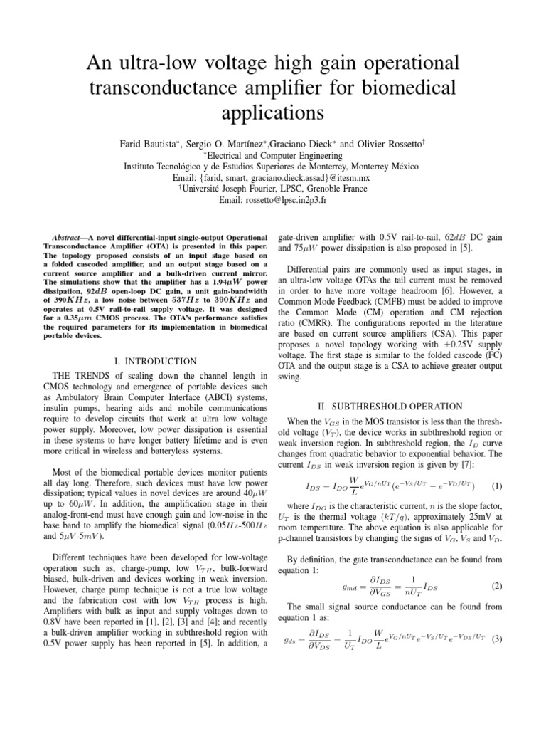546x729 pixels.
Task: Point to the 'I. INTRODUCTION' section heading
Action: point(144,361)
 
